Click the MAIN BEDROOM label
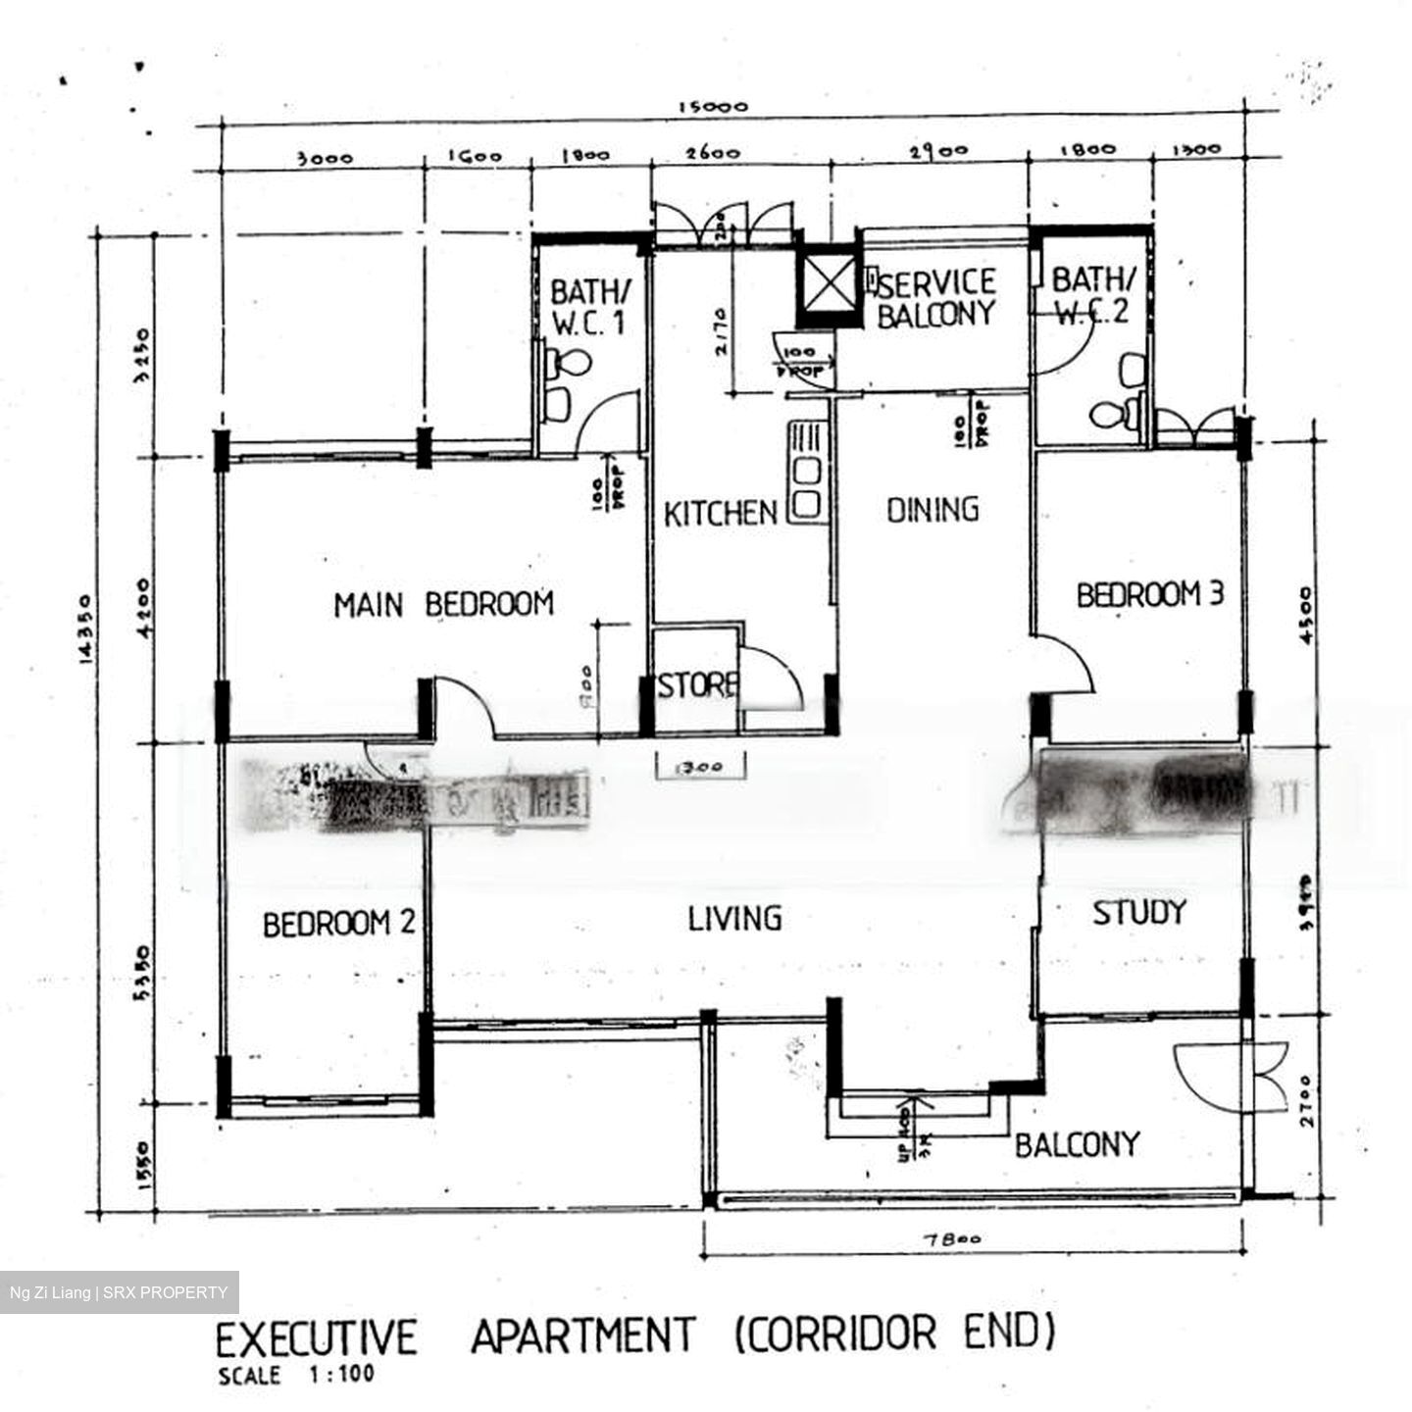(443, 604)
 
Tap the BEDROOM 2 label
(338, 924)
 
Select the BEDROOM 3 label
(1149, 595)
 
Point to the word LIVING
(734, 919)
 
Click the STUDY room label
(1138, 913)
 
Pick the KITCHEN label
(720, 514)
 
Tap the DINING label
(933, 510)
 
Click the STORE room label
(697, 685)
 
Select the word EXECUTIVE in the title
(316, 1338)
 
